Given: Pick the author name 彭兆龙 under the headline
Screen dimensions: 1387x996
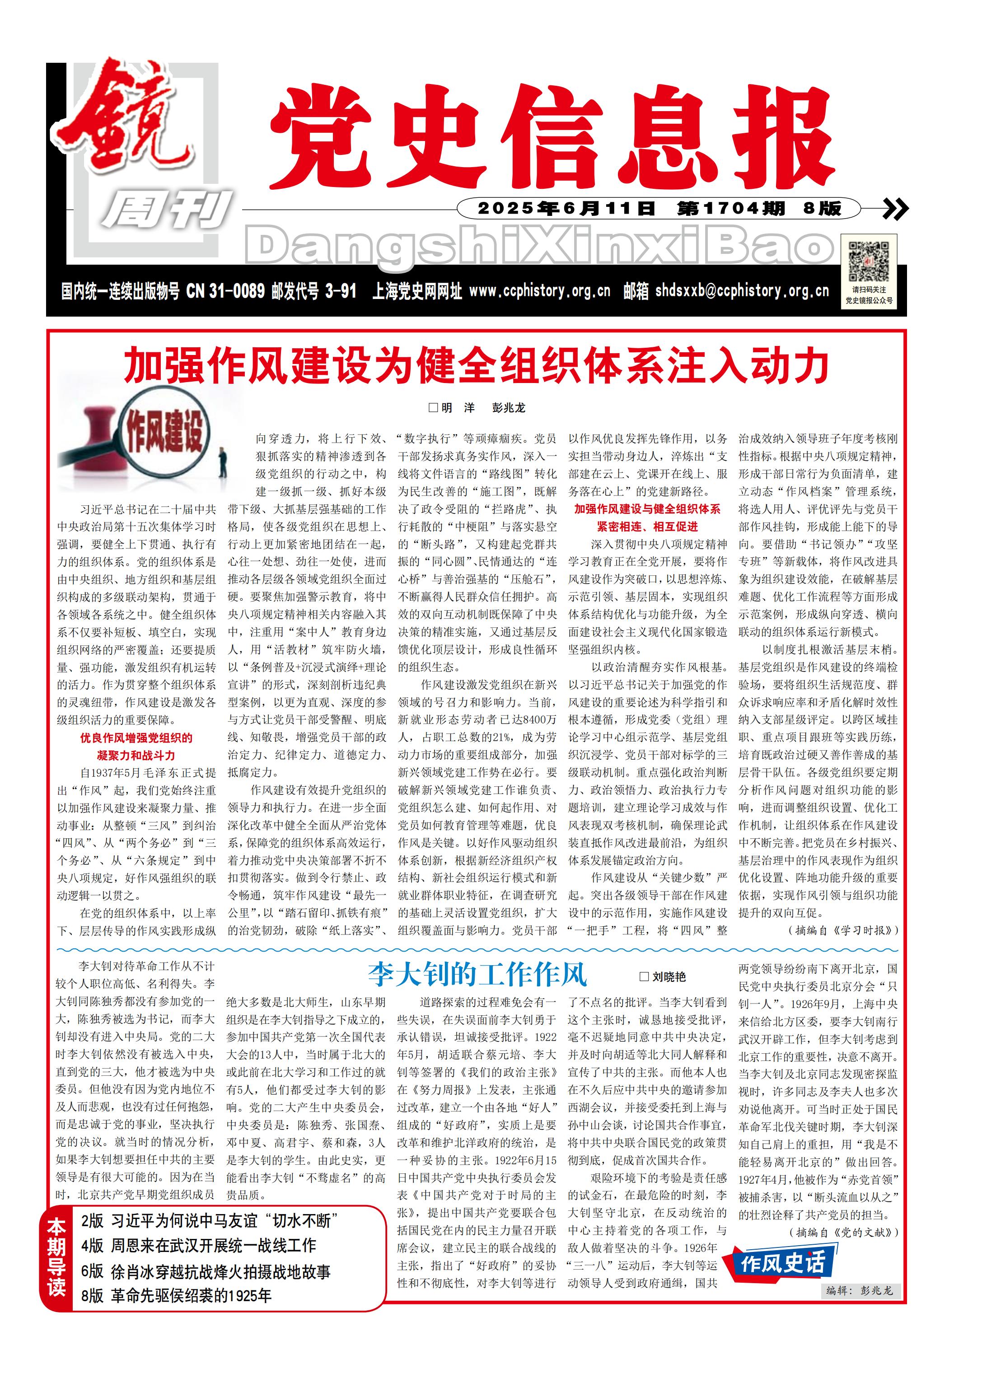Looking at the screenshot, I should pyautogui.click(x=509, y=408).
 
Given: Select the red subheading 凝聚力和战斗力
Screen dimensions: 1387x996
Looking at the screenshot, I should pyautogui.click(x=136, y=755).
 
